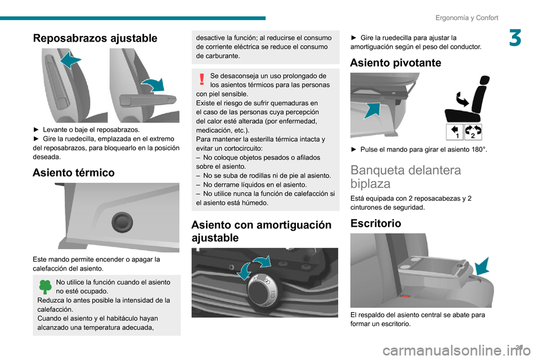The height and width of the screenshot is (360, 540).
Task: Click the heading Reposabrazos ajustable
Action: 95,38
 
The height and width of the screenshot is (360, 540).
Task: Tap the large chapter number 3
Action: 515,38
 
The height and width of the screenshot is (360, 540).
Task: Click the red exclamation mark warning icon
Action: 202,79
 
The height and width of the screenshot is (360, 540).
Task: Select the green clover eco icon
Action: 45,287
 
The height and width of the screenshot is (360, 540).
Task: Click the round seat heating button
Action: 122,222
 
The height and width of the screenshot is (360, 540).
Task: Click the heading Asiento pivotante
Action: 395,62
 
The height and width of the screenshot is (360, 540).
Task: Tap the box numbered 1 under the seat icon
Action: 454,132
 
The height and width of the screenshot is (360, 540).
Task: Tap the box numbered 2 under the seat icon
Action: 473,132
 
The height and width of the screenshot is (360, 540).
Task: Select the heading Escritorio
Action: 376,223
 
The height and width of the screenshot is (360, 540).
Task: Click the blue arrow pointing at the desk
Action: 482,266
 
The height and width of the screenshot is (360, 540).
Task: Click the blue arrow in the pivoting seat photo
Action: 372,111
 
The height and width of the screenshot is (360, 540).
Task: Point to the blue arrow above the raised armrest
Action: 71,60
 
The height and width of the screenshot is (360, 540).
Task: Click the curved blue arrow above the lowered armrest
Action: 154,85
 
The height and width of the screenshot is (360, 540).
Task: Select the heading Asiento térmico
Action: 74,172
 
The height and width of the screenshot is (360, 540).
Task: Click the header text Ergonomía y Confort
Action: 467,17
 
